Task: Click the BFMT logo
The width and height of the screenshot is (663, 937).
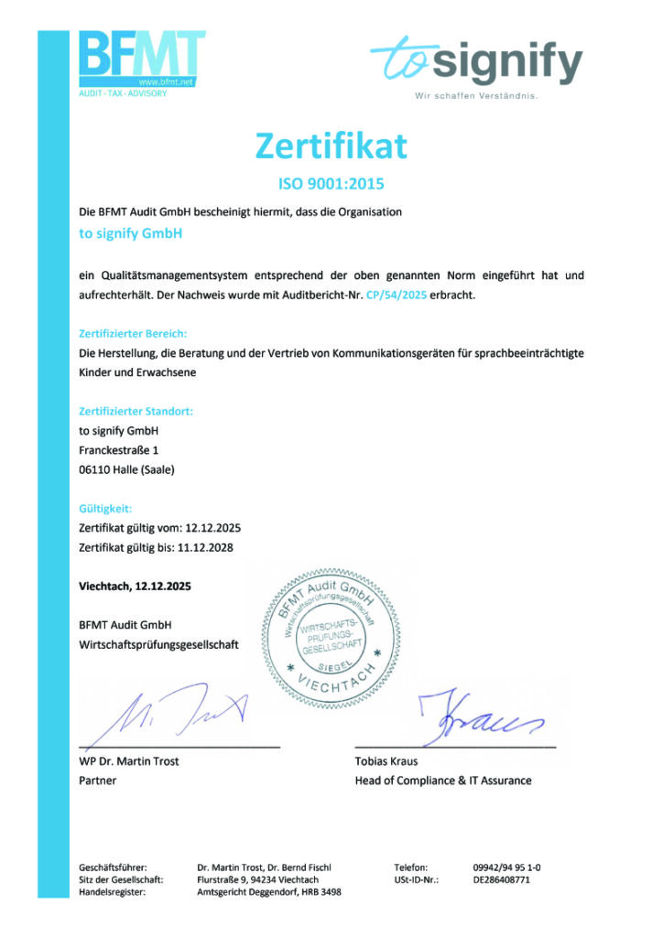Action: tap(141, 60)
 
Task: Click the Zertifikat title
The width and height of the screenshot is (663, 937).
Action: tap(331, 145)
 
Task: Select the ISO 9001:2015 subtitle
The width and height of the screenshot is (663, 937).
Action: tap(331, 183)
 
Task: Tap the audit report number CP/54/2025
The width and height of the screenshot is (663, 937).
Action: tap(396, 296)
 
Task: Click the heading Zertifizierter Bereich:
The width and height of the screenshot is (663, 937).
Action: tap(134, 334)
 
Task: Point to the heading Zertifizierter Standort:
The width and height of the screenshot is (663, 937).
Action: tap(136, 412)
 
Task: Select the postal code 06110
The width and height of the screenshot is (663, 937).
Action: tap(95, 470)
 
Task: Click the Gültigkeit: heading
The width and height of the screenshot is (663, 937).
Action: tap(106, 509)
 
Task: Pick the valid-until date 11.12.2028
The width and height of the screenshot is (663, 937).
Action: tap(206, 547)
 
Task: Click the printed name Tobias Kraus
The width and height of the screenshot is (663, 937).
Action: tap(386, 761)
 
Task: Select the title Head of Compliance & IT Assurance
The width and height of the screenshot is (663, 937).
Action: tap(442, 781)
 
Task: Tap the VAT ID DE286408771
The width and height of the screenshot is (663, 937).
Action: tap(502, 879)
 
